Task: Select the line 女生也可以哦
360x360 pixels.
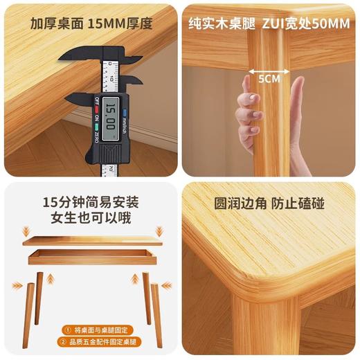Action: tap(91, 221)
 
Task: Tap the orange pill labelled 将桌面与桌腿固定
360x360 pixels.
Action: tap(90, 330)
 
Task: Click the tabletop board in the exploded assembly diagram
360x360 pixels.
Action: tap(90, 241)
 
